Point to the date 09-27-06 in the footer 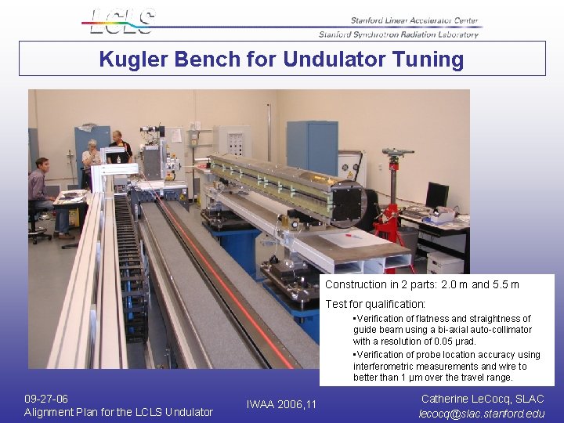tap(46, 399)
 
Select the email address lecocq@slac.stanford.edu tap(482, 413)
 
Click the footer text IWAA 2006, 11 tap(282, 404)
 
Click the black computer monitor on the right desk tap(436, 194)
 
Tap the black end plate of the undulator tap(348, 201)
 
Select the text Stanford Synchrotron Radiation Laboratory tap(398, 34)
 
